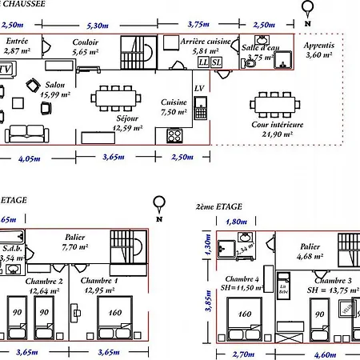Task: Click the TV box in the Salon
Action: coord(7,69)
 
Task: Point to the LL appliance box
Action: coord(203,62)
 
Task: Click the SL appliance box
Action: coord(216,62)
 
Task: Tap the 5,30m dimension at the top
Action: coord(98,26)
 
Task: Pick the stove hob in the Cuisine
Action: coord(175,134)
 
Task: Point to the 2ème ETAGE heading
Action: coord(219,206)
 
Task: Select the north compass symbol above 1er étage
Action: coord(159,204)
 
